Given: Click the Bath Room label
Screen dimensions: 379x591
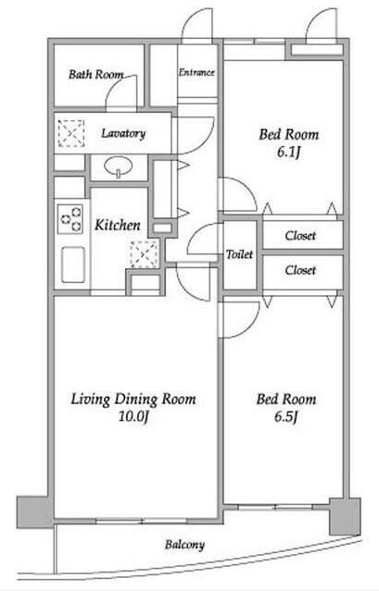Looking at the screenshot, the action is (95, 75).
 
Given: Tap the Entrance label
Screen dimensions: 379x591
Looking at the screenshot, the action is (196, 72).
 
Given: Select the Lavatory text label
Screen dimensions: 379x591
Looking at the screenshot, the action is (123, 134).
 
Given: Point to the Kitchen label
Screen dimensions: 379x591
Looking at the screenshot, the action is (118, 225).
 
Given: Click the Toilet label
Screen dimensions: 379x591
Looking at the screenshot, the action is (240, 254).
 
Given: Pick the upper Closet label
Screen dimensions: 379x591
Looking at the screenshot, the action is (300, 236).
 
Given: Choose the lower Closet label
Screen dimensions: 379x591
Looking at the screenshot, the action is (300, 270).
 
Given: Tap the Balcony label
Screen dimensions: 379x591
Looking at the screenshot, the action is (184, 545).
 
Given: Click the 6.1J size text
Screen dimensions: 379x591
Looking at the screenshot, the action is (289, 153).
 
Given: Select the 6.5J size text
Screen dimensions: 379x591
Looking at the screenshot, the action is (286, 417).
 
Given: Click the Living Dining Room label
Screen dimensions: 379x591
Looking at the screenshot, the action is (133, 400).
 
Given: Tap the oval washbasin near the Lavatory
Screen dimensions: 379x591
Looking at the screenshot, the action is (119, 166).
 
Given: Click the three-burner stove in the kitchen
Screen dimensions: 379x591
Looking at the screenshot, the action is (70, 219).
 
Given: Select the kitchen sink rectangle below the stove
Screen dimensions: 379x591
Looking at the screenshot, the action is (73, 265).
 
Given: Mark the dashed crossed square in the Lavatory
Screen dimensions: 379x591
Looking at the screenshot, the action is (71, 133).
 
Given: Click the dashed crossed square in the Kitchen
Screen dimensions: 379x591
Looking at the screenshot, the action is (144, 254).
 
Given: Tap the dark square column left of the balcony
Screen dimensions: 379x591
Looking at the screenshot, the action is (34, 512).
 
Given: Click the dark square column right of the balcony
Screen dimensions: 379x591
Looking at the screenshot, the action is (345, 517).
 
